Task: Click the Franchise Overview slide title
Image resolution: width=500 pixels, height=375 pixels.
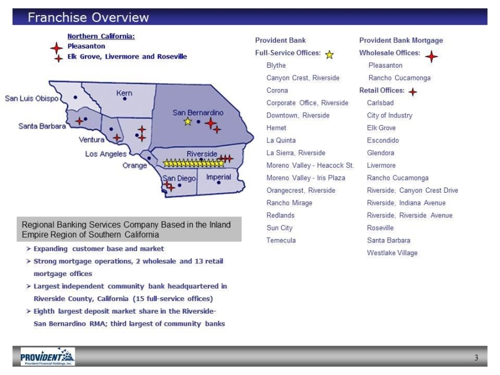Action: (88, 17)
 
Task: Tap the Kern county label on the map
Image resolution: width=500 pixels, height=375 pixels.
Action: (124, 93)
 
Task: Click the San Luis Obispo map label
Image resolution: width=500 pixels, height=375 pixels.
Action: (32, 98)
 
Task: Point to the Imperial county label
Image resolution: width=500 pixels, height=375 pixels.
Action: (218, 177)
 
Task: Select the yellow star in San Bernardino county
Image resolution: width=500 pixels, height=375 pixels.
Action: (188, 122)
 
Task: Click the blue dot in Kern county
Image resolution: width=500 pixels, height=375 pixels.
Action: (124, 99)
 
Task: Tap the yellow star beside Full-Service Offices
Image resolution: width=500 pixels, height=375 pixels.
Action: (329, 55)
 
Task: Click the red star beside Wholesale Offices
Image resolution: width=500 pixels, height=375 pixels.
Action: (431, 57)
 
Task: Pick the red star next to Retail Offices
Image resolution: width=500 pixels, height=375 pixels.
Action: (413, 92)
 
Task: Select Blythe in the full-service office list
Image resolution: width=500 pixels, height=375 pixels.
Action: (276, 65)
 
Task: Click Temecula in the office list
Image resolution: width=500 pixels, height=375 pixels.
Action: (281, 240)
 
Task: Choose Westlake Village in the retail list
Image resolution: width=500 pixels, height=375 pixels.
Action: (392, 253)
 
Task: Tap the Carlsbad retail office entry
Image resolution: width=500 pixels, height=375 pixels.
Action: (380, 102)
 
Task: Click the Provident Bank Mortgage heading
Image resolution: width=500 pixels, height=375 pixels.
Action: (401, 40)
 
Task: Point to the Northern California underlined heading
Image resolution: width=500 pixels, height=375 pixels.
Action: (101, 36)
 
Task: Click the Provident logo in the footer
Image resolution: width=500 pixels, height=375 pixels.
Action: (48, 356)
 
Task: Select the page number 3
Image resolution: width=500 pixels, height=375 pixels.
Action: (476, 358)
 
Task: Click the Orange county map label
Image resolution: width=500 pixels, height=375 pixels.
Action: (135, 166)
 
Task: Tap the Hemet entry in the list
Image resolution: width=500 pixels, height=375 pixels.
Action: (277, 128)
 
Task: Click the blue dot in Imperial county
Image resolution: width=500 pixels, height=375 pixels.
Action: (218, 183)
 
